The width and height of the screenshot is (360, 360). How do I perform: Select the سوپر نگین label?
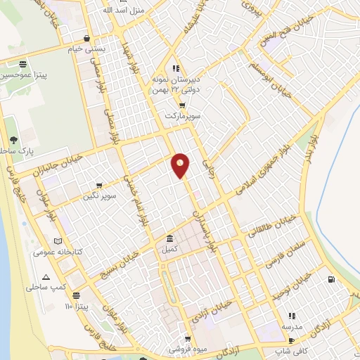pyautogui.click(x=98, y=196)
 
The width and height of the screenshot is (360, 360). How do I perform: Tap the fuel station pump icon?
pyautogui.click(x=330, y=280)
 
